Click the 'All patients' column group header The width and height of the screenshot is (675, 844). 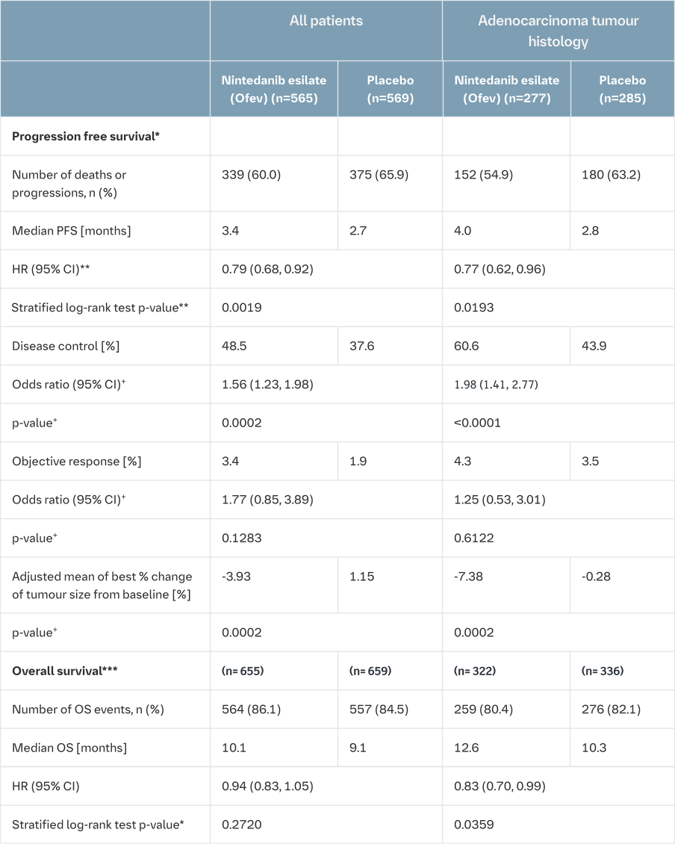tap(326, 21)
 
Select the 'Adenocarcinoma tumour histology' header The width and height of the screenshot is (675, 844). tap(559, 31)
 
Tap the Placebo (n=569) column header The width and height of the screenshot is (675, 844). tap(391, 89)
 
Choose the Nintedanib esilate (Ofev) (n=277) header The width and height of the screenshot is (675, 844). tap(506, 89)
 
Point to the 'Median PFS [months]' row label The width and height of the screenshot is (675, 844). tap(71, 231)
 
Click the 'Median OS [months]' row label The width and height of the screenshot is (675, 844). tap(69, 748)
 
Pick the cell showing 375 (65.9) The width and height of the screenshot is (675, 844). tap(379, 175)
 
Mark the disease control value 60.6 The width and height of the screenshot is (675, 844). tap(465, 346)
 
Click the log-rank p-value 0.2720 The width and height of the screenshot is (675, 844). tap(240, 825)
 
